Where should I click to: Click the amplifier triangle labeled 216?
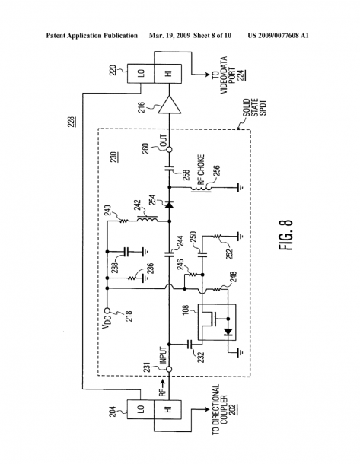click(169, 105)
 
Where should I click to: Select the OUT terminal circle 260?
click(169, 149)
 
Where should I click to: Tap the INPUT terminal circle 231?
click(169, 370)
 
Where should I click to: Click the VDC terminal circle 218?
click(107, 311)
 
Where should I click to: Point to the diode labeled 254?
click(169, 205)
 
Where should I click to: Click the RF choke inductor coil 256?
click(202, 188)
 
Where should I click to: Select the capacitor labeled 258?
click(169, 169)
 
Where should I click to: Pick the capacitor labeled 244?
click(169, 253)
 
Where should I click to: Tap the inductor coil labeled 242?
click(147, 221)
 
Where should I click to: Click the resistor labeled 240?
click(123, 221)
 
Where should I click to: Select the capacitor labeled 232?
click(190, 344)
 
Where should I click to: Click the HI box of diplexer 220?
click(168, 74)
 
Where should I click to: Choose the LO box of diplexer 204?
click(141, 409)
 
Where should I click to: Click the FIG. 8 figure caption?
click(285, 235)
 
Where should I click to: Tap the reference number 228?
click(73, 122)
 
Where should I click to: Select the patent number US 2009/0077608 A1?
click(279, 36)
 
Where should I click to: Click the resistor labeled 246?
click(192, 275)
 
